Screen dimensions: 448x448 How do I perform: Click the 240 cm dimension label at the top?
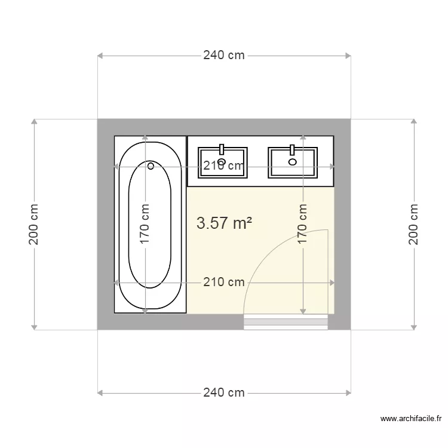click(x=224, y=56)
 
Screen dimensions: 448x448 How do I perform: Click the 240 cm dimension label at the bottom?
click(x=224, y=393)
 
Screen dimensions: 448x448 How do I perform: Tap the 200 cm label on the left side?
click(x=33, y=224)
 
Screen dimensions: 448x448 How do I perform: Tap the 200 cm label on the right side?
click(x=413, y=224)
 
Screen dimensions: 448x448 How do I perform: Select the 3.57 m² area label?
click(x=224, y=223)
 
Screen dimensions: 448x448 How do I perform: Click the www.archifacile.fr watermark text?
click(x=411, y=419)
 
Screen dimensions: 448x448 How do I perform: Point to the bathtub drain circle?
click(x=151, y=165)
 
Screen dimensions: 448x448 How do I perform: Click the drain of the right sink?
click(x=292, y=162)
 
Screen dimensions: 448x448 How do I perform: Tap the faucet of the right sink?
click(x=292, y=150)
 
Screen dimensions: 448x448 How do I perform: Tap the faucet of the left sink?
click(x=222, y=149)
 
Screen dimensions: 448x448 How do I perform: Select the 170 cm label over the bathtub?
click(x=145, y=224)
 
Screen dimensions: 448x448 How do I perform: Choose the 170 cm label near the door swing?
click(x=303, y=224)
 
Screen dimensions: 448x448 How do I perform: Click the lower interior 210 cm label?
click(x=224, y=283)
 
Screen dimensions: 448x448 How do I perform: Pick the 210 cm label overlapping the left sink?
click(x=224, y=165)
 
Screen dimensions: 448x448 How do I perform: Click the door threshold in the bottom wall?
click(x=286, y=322)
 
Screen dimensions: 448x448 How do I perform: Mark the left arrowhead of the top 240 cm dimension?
click(x=100, y=56)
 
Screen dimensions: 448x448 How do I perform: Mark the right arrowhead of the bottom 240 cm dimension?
click(x=348, y=393)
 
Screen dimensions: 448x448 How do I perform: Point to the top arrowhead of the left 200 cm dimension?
click(x=34, y=122)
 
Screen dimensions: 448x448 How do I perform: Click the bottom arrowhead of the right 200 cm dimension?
click(x=414, y=327)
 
